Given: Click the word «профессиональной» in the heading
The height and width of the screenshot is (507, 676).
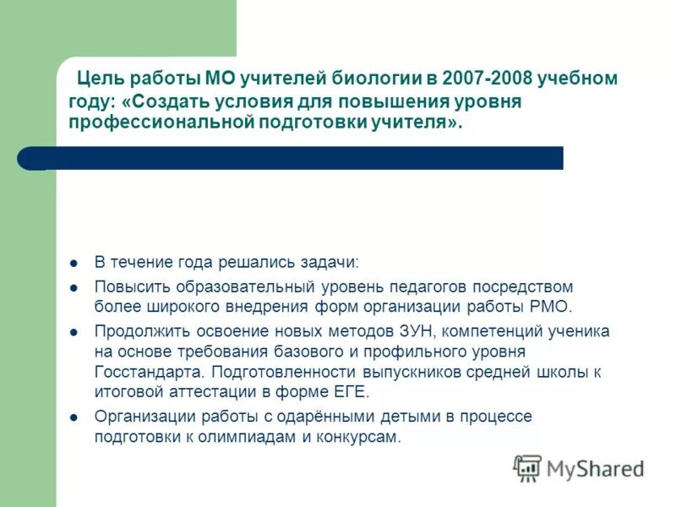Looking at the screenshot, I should [x=161, y=123].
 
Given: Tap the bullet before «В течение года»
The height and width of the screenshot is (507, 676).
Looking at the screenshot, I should [x=74, y=263].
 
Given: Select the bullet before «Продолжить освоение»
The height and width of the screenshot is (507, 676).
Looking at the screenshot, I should [x=74, y=330].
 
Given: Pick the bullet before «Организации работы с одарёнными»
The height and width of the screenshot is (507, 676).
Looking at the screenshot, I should [x=74, y=417].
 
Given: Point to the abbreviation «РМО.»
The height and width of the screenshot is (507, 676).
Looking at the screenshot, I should [x=553, y=307].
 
